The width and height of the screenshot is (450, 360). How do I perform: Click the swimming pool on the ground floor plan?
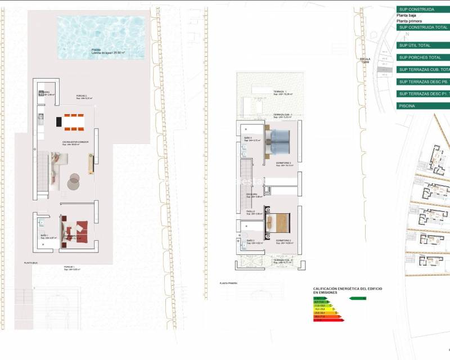click(x=101, y=38)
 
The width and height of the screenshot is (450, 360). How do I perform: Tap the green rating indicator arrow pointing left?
click(x=358, y=298)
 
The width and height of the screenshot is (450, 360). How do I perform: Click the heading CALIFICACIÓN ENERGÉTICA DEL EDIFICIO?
click(x=347, y=289)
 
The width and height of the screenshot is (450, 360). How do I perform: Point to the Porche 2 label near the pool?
click(x=82, y=97)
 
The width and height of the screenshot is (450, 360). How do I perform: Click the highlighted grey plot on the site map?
click(x=385, y=66)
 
